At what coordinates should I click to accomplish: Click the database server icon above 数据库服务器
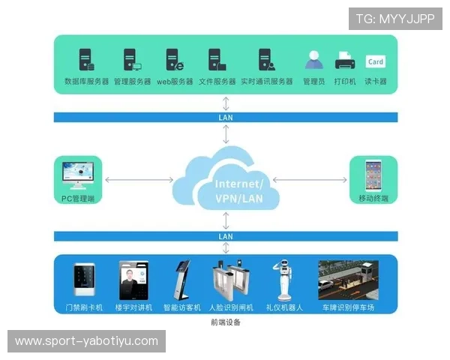[x=86, y=59]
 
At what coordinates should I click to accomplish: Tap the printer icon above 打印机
[x=345, y=60]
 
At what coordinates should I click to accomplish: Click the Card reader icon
[x=375, y=61]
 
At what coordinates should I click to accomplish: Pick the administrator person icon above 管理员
[x=313, y=60]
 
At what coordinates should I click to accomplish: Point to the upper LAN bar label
[x=226, y=118]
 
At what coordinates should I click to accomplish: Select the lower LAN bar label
[x=226, y=236]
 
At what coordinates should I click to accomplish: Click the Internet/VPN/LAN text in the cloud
[x=238, y=191]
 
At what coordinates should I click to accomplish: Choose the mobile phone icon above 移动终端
[x=373, y=176]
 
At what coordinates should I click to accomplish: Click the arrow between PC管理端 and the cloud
[x=139, y=180]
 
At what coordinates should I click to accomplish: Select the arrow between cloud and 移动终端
[x=310, y=180]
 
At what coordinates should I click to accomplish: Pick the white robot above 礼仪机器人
[x=283, y=280]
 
